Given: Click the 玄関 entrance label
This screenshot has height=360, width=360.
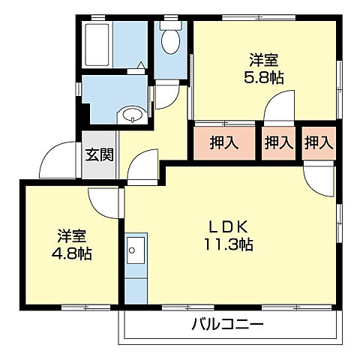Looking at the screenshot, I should point(99,156).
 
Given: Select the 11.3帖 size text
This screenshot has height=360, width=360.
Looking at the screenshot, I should point(227,244).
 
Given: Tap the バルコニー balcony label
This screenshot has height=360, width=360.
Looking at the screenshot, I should point(226,325).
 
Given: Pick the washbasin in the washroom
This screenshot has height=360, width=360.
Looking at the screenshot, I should point(133,115).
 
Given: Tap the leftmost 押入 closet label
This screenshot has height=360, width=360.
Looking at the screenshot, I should point(222,142).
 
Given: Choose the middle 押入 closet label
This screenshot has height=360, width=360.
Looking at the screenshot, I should point(278,142).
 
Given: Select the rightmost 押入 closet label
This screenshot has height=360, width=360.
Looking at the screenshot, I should point(319,142).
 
